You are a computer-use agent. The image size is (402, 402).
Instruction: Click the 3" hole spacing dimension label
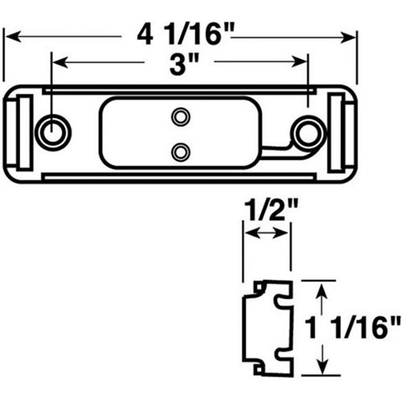click(184, 65)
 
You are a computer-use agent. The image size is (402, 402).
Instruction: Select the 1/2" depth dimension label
click(271, 211)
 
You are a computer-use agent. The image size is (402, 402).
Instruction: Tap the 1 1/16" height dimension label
click(353, 328)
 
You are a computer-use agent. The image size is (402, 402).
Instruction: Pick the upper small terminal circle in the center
click(181, 117)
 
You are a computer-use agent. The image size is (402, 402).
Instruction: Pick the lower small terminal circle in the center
click(181, 152)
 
